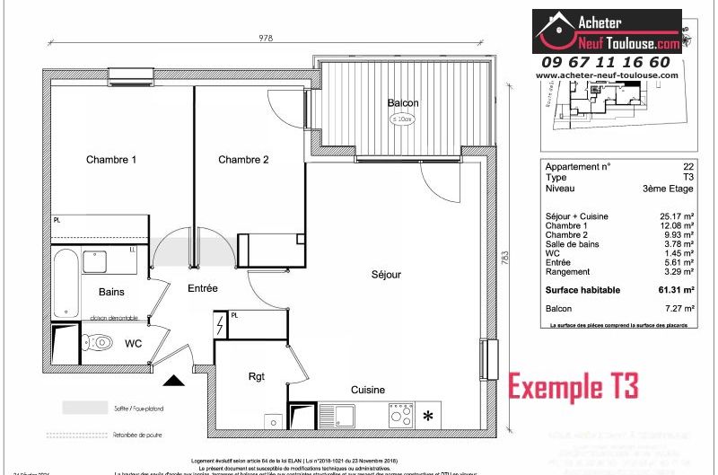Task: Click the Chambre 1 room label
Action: [111, 160]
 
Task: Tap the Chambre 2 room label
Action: [243, 160]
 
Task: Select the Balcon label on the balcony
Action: [403, 103]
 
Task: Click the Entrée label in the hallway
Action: [203, 288]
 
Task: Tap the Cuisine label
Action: [368, 390]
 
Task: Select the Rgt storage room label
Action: [257, 376]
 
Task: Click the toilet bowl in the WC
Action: [99, 342]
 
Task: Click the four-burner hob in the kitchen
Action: [400, 415]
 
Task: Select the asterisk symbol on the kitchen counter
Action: [428, 416]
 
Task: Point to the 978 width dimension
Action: [265, 39]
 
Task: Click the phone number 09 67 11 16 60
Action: [606, 62]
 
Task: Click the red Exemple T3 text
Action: [574, 386]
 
